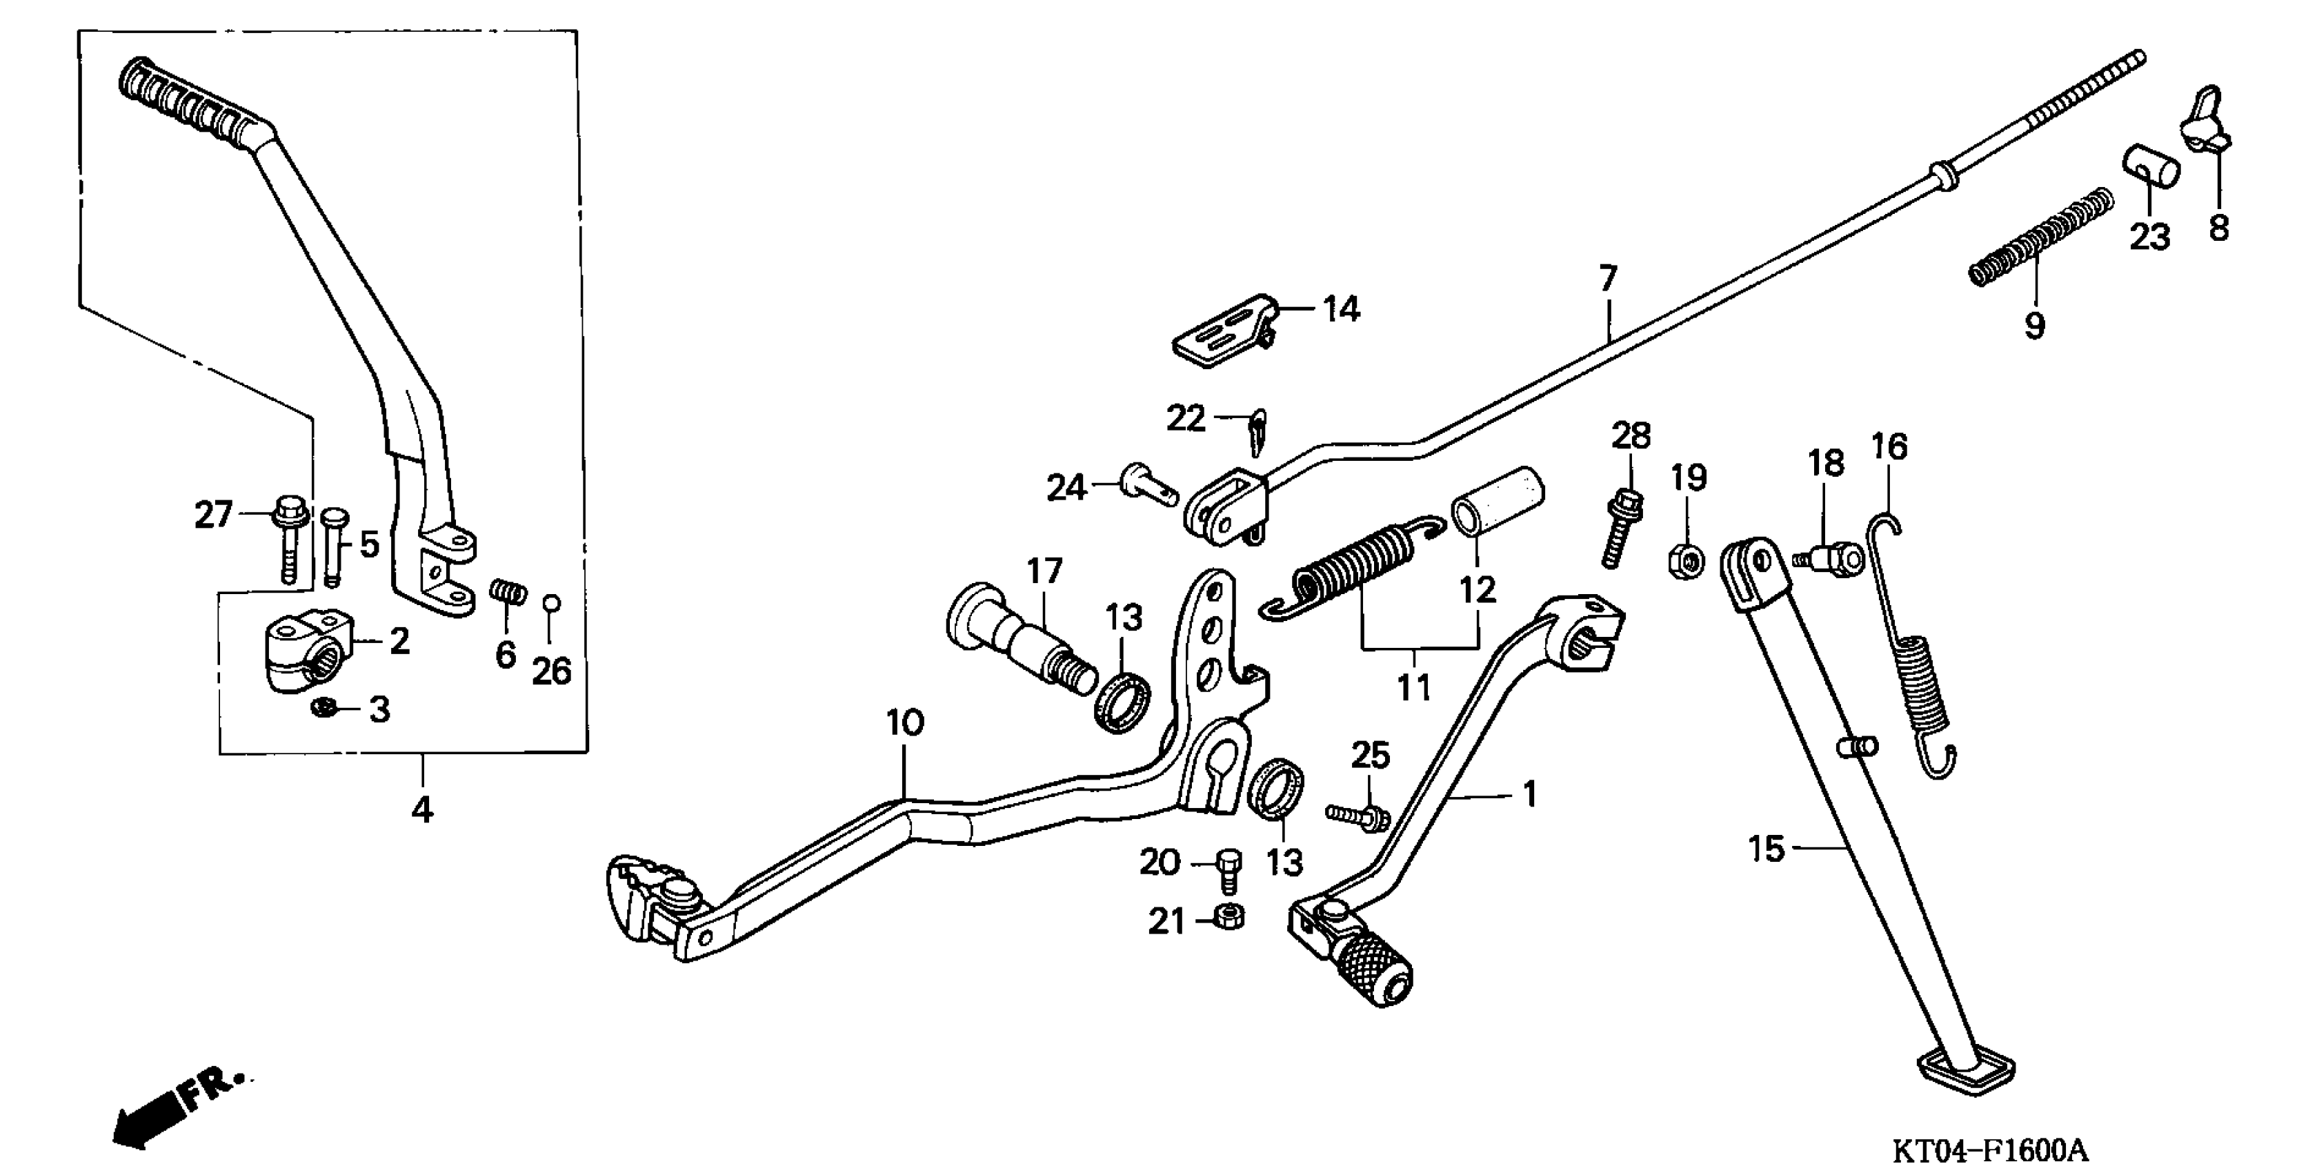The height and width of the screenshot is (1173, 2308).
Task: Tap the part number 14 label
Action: pos(1341,310)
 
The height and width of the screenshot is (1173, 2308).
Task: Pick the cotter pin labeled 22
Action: pos(1257,432)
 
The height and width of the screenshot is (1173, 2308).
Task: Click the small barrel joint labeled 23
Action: pos(2150,168)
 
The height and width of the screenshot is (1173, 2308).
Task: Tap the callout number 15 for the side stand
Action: pos(1766,849)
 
